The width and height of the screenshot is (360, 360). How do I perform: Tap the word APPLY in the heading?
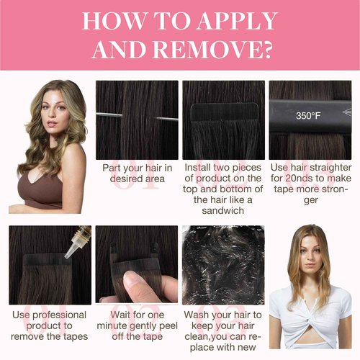[237, 21]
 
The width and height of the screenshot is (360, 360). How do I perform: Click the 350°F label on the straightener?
[308, 116]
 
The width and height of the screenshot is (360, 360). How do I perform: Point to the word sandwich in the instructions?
[223, 210]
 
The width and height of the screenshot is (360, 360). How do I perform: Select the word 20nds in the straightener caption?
[299, 178]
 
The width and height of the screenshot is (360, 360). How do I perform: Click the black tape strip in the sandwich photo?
[225, 112]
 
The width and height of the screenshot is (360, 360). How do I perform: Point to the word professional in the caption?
[59, 315]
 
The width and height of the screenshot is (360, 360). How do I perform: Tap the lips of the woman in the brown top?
[52, 124]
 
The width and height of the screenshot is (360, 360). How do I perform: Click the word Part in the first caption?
[111, 168]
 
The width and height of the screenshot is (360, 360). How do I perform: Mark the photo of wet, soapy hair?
[223, 265]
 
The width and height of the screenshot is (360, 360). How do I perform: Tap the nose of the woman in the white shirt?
[310, 255]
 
